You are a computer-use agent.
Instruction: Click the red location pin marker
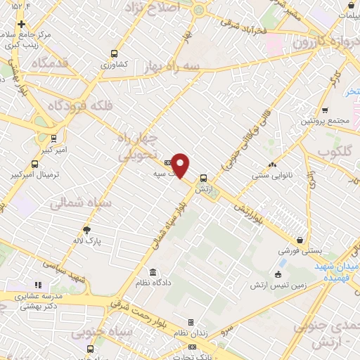pos(181,165)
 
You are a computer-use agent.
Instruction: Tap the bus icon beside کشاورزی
pos(115,53)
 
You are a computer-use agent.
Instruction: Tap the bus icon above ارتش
pos(203,178)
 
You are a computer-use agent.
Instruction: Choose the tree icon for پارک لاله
pos(87,229)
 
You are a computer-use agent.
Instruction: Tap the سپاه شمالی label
pos(78,202)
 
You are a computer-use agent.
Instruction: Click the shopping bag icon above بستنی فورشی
pos(300,240)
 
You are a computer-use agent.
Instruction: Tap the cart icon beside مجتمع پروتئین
pos(324,110)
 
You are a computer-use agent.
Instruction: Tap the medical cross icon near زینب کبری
pos(22,23)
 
